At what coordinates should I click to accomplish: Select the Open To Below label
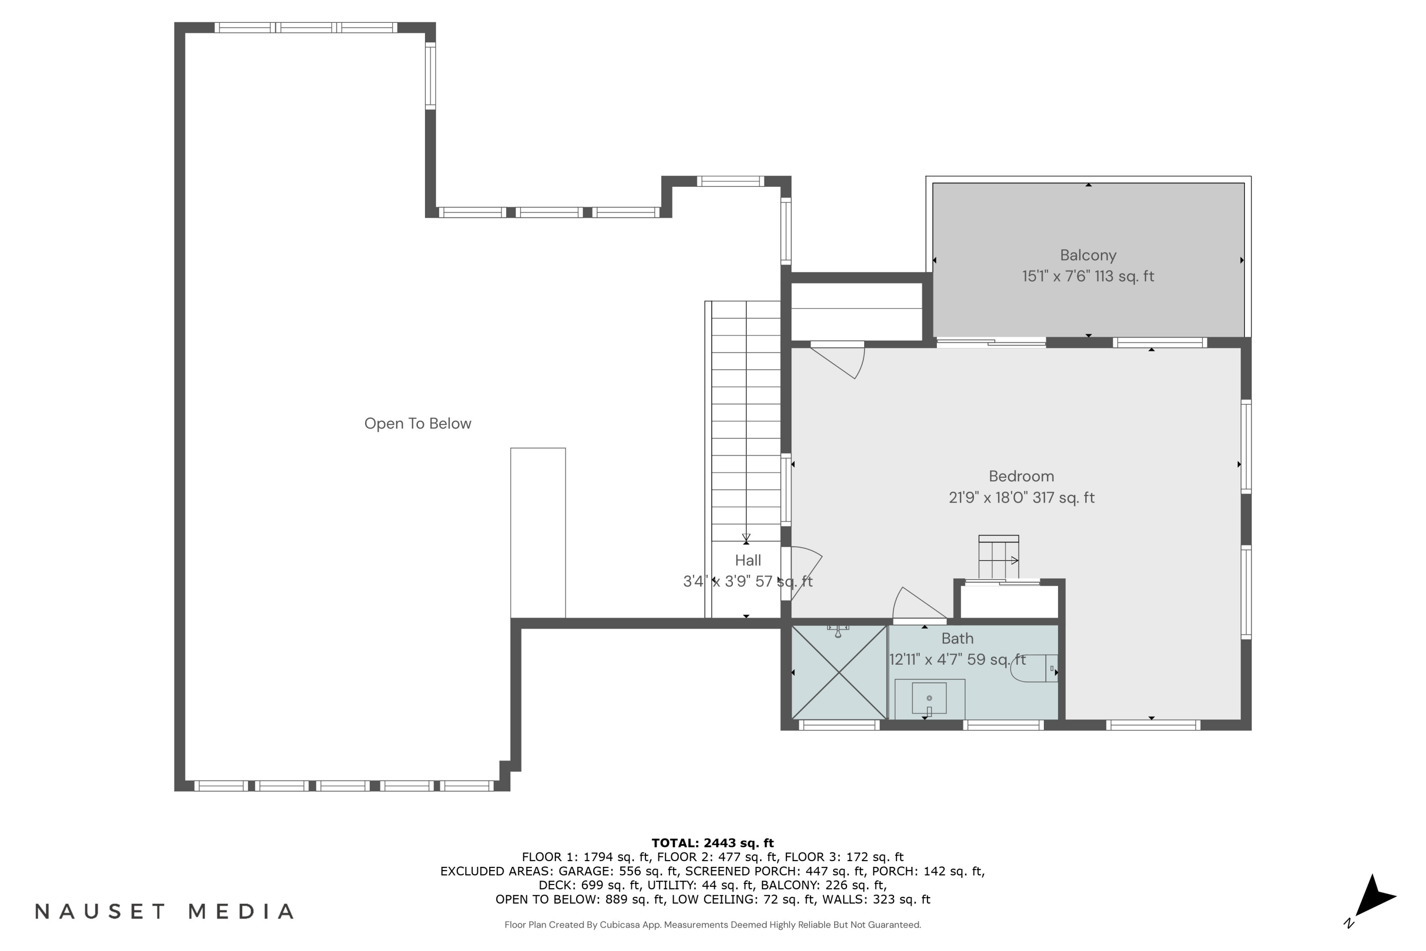coord(417,423)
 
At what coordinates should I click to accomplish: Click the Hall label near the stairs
coord(748,561)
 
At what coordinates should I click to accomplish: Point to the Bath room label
coord(957,639)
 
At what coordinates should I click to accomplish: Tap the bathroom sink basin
coord(929,699)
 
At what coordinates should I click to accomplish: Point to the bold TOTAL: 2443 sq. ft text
coord(713,843)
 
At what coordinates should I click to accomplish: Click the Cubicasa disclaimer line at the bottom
coord(713,925)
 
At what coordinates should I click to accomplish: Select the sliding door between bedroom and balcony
coord(991,343)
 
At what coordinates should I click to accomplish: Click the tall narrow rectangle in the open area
coord(538,533)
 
